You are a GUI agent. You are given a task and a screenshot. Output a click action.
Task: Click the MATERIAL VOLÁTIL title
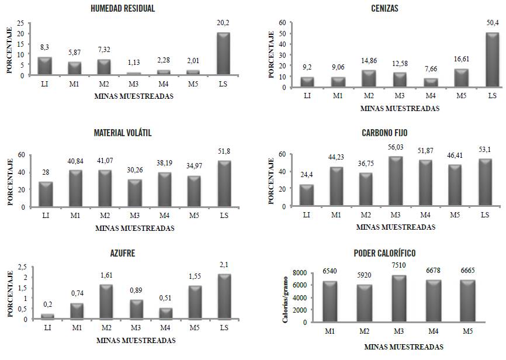123,133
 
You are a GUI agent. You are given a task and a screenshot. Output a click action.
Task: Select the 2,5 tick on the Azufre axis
22,267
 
